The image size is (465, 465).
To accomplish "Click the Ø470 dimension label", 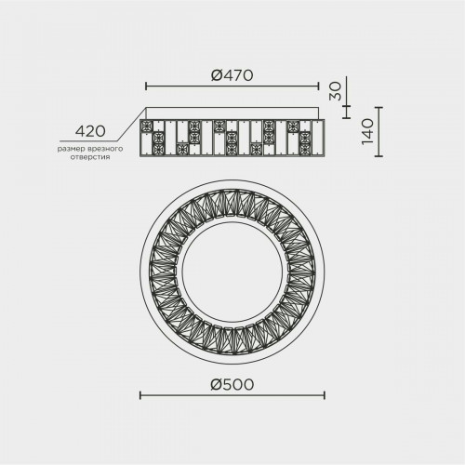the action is pos(232,75).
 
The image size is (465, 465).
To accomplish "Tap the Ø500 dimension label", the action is pos(232,385).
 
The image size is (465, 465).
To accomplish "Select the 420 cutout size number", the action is pos(90,131).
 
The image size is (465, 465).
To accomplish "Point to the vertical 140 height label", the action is pos(368,131).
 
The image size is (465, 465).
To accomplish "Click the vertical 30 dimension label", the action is pos(335,91).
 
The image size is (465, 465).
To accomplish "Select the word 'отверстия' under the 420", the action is pos(90,157).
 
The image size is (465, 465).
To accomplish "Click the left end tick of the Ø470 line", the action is pos(146,86).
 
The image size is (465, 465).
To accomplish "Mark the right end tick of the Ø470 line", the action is pos(318,86).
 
